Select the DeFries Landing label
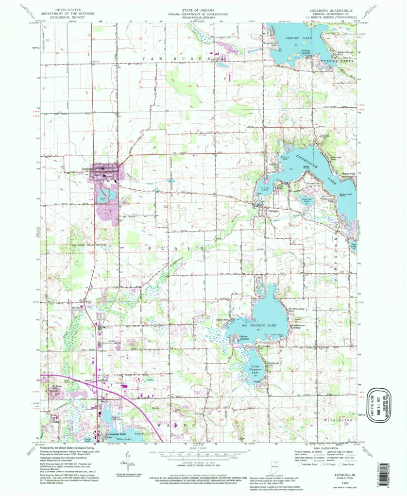305,52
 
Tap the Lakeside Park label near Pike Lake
117,434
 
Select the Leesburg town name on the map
83,169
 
